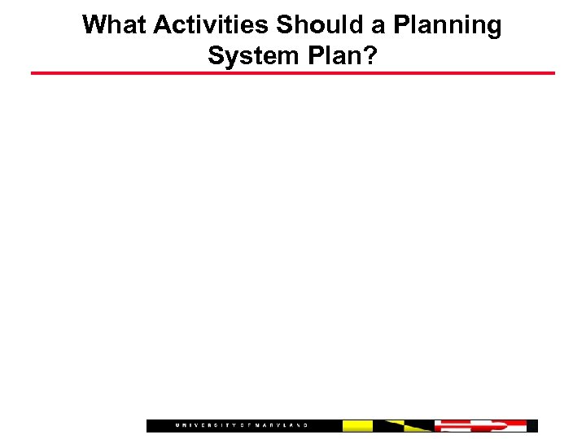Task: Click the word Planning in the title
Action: point(448,26)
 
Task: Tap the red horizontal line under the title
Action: point(293,73)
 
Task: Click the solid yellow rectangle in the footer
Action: point(357,425)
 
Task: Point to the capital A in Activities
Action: point(163,25)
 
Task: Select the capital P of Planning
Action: point(402,25)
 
